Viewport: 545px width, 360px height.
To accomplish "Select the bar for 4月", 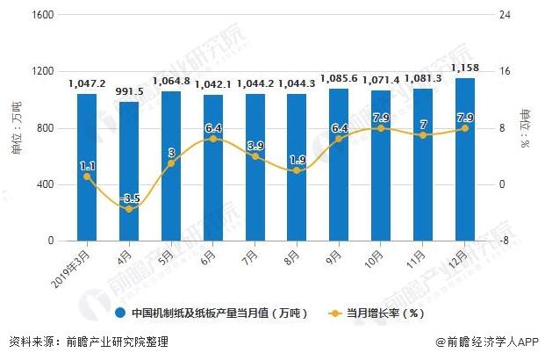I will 129,171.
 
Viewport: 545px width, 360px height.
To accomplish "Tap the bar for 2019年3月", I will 87,167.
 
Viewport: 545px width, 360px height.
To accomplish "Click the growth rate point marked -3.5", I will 129,209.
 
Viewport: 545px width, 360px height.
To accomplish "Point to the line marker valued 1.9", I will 298,170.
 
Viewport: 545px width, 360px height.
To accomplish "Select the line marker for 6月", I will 213,139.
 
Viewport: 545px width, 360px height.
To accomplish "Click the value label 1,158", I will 465,67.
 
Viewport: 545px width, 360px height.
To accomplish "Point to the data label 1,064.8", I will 172,81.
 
